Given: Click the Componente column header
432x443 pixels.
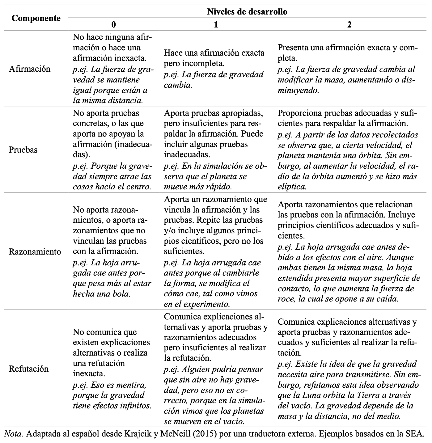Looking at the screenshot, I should coord(36,18).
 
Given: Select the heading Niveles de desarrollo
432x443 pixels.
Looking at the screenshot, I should coord(247,12).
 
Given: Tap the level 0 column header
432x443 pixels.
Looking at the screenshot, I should coord(114,25).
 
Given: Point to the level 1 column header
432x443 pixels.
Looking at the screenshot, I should coord(216,25).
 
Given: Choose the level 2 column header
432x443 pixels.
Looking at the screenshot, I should coord(349,25).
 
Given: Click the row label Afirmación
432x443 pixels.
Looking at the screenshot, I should coord(29,69).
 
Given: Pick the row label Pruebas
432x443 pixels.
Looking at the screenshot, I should coord(23,150).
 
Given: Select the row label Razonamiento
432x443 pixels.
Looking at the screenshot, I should coord(35,251).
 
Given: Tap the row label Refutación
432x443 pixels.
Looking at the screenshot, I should coord(29,369).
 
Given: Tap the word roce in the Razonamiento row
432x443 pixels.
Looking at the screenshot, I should coord(285,299).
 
